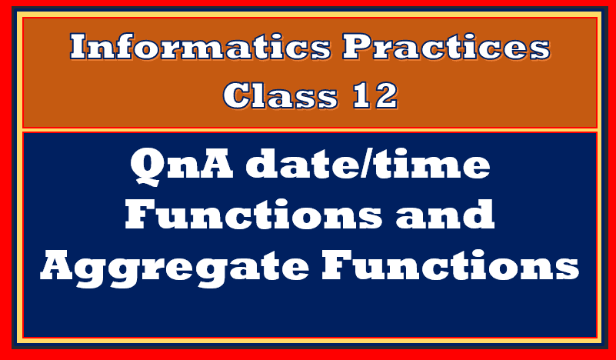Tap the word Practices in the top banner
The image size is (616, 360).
pos(446,46)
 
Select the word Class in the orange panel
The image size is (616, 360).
pos(281,95)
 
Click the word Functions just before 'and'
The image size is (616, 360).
pos(253,215)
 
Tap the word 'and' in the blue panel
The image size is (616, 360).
pos(445,214)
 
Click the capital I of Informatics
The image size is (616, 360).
pos(81,46)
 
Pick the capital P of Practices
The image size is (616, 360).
pos(358,46)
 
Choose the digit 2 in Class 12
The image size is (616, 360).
pos(385,95)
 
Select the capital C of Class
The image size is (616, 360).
pos(238,95)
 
